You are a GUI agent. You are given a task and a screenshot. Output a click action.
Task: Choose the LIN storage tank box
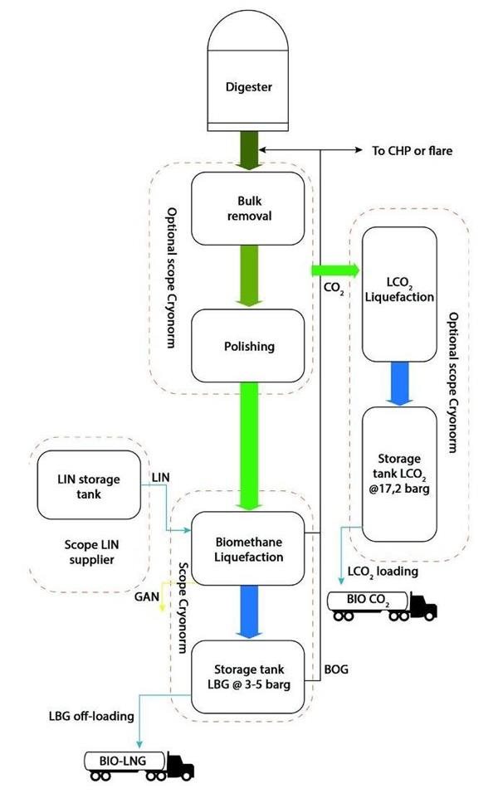pos(89,486)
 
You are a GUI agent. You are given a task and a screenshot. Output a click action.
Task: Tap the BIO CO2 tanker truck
pos(382,604)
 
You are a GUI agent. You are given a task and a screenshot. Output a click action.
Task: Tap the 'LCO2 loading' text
pos(383,571)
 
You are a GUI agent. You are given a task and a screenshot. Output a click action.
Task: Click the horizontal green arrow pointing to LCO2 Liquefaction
pos(335,270)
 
